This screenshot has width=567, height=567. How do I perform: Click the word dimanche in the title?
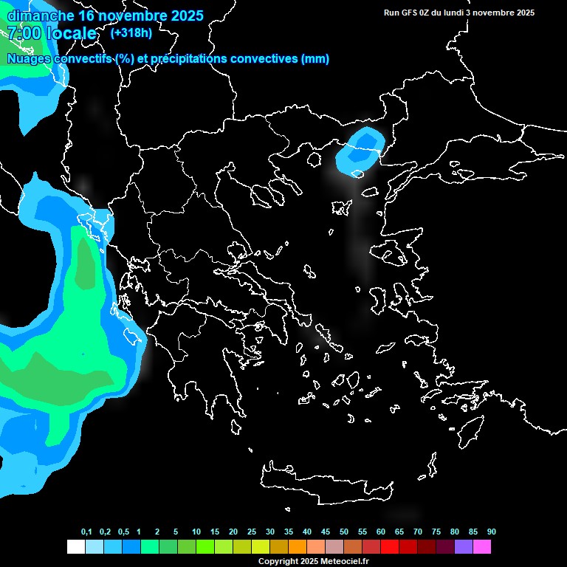pos(40,16)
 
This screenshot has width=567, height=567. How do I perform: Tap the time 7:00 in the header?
pos(24,33)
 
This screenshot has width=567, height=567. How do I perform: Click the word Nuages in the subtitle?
pos(28,59)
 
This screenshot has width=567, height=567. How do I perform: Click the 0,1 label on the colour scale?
pos(86,532)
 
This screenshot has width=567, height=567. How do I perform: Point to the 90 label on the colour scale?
pos(491,532)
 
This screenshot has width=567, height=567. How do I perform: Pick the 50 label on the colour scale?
pos(344,532)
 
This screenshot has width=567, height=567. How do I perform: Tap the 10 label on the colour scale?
pos(196,532)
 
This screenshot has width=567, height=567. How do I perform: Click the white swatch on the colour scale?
pos(75,546)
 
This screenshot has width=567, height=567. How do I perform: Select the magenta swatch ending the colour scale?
pos(481,546)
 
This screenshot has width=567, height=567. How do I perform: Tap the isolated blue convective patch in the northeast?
pos(361,148)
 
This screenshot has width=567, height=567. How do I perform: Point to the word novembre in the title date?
pos(126,16)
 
